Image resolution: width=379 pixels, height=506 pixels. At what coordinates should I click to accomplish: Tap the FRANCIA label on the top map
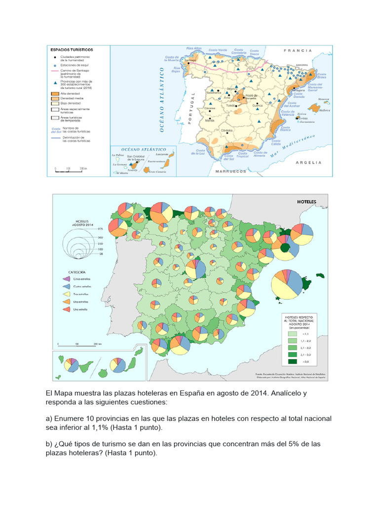click(298, 50)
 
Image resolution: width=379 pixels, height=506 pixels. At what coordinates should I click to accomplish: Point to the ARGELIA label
click(309, 162)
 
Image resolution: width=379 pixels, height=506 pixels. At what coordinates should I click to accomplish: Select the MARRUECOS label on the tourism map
click(230, 171)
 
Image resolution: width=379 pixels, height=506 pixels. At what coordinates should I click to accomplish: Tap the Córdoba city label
click(227, 130)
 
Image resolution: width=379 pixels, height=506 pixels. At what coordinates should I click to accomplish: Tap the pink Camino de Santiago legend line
click(54, 71)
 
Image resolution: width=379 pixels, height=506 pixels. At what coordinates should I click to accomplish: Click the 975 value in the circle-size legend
click(100, 229)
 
